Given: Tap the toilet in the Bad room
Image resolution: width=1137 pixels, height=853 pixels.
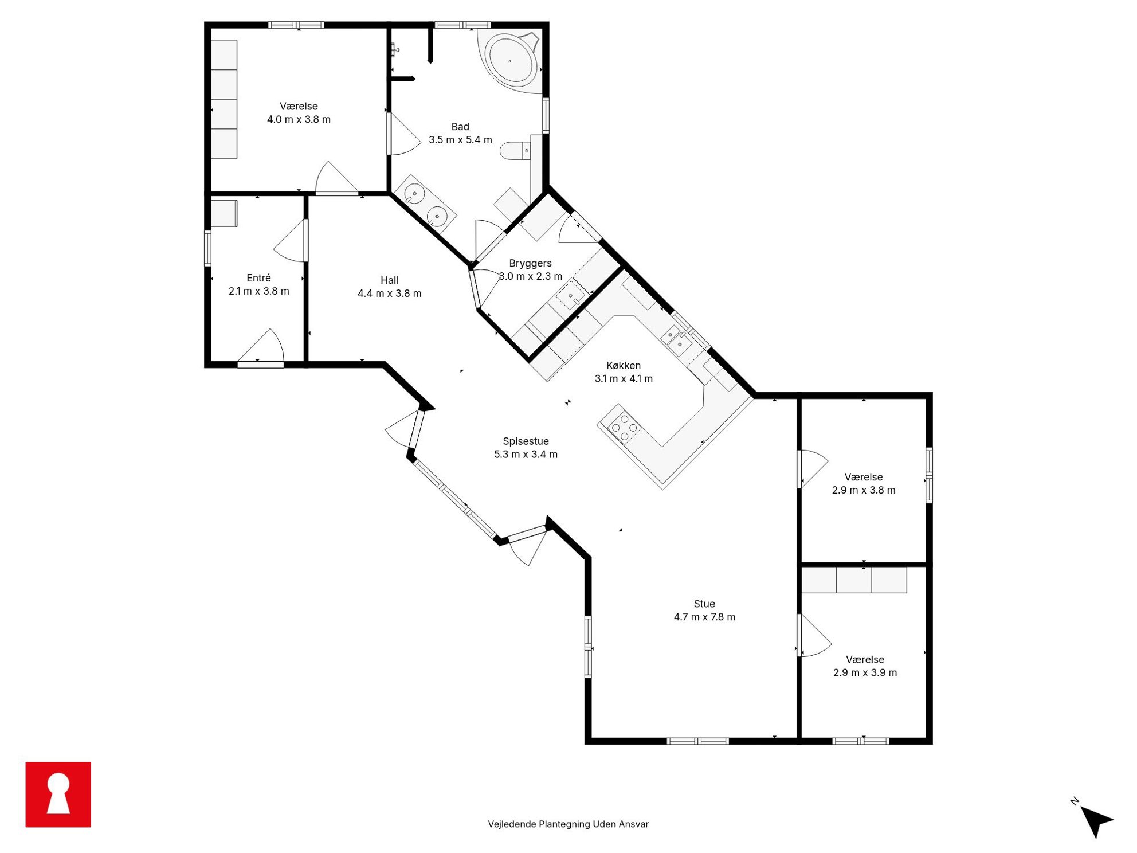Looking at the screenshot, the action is pyautogui.click(x=516, y=151).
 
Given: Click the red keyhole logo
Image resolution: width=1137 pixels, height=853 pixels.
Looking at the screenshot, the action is pyautogui.click(x=58, y=795).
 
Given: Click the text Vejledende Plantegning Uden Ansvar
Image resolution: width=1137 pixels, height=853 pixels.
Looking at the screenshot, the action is pyautogui.click(x=568, y=824).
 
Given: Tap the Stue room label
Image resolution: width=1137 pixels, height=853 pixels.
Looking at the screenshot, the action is pyautogui.click(x=704, y=604).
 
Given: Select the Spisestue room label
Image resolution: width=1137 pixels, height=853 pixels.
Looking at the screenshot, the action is pyautogui.click(x=526, y=441).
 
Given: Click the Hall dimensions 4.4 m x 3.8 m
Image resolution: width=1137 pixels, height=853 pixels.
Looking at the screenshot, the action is pyautogui.click(x=390, y=294).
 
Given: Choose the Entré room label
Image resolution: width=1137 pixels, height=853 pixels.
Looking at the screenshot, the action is pyautogui.click(x=258, y=278).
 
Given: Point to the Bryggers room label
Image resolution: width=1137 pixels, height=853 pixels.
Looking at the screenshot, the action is pyautogui.click(x=530, y=263).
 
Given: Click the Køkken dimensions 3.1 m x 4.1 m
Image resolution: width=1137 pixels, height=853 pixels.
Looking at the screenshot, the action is pyautogui.click(x=624, y=378).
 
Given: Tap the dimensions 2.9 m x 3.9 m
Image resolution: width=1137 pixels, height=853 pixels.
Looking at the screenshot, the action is pyautogui.click(x=865, y=672).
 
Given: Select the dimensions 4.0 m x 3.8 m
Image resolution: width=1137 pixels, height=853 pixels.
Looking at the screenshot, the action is pyautogui.click(x=299, y=119).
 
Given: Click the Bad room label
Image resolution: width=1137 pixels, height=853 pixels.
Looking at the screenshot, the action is pyautogui.click(x=460, y=127).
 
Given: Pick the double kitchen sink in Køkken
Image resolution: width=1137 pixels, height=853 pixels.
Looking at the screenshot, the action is pyautogui.click(x=676, y=339).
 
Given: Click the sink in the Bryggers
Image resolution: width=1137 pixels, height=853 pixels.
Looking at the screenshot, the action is pyautogui.click(x=572, y=296).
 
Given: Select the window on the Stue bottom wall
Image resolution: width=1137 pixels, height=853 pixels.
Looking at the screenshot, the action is pyautogui.click(x=697, y=741).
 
